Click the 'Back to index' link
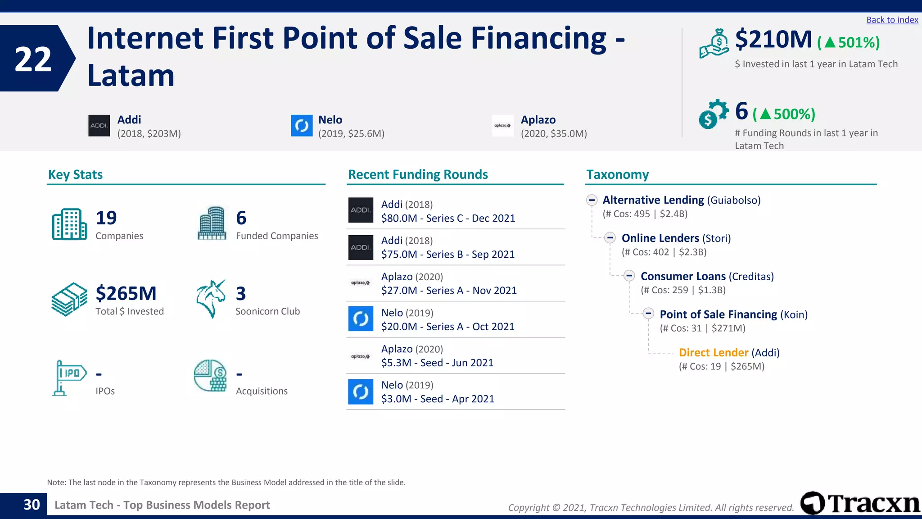tap(892, 20)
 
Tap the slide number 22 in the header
tap(33, 59)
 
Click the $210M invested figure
tap(773, 40)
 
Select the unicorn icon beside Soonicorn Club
tap(211, 299)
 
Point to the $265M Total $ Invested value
tap(126, 294)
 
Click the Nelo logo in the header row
tap(302, 126)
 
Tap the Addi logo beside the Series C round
tap(361, 210)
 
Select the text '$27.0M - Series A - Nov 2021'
tap(449, 291)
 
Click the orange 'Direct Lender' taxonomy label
tap(713, 353)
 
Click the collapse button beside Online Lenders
tap(610, 238)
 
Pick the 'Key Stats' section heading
tap(75, 175)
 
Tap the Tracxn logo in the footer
tap(860, 503)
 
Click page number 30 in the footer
tap(32, 505)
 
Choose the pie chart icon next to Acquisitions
tap(210, 375)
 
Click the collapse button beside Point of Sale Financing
tap(648, 314)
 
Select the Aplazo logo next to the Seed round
tap(361, 356)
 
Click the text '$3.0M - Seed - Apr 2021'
tap(438, 399)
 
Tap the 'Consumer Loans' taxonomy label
tap(683, 277)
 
